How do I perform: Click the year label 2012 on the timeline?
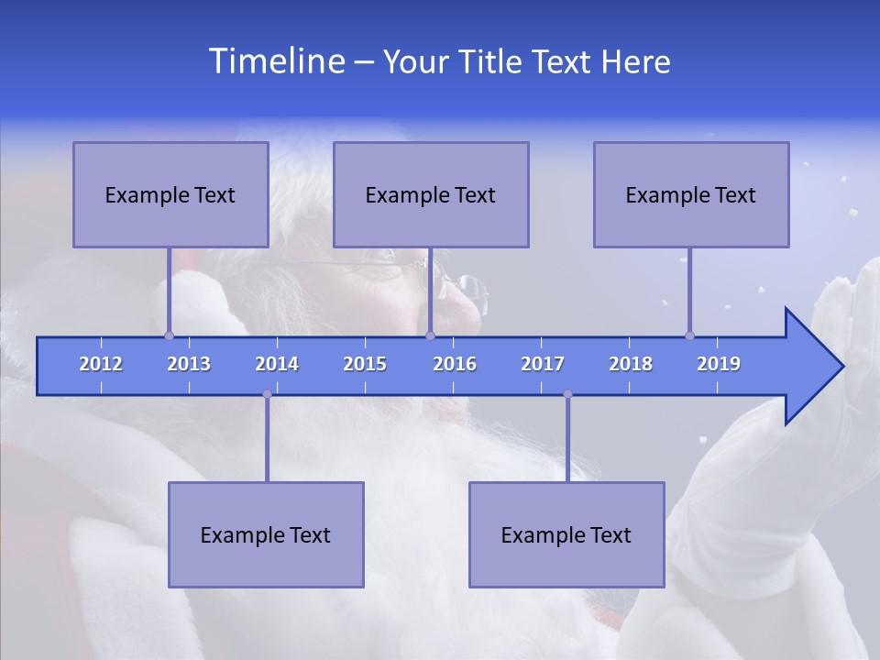(101, 364)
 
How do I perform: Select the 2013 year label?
(189, 364)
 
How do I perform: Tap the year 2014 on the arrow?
(277, 364)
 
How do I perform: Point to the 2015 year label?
(365, 364)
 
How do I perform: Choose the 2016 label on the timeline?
(455, 364)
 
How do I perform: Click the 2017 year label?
(543, 364)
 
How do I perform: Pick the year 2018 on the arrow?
(631, 364)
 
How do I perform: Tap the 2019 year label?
(719, 364)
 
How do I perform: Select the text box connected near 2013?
(170, 194)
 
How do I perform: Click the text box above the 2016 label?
(430, 194)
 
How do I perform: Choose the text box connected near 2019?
(690, 194)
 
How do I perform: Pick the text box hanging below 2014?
(266, 534)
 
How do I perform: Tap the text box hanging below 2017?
(566, 534)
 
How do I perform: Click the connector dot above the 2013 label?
(169, 335)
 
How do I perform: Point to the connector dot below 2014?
(267, 394)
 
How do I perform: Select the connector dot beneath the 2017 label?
(567, 394)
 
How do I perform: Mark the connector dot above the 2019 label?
(689, 335)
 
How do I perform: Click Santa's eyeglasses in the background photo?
(403, 266)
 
